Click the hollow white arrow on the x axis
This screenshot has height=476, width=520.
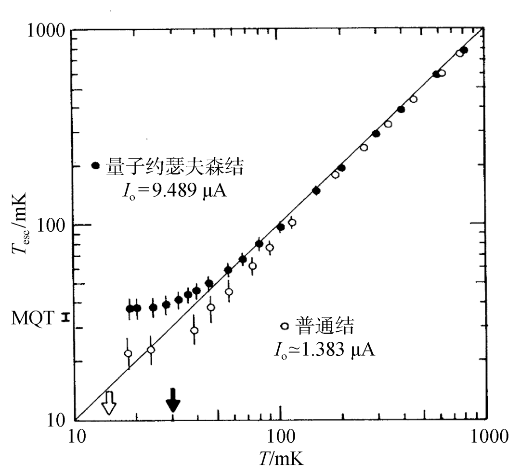tap(109, 402)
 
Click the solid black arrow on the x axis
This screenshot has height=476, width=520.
tap(173, 400)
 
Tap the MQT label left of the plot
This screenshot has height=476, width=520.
tap(33, 318)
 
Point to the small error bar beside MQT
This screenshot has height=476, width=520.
tap(66, 317)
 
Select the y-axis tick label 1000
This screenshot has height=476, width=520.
tap(46, 31)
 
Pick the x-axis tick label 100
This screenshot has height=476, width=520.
tap(281, 436)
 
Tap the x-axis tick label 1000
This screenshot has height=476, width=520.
tap(489, 436)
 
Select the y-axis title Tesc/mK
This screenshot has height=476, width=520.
tap(20, 222)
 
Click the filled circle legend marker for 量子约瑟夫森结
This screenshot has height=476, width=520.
tap(95, 166)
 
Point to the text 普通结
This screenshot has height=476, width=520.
tap(325, 326)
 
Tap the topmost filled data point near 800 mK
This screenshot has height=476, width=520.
tap(464, 50)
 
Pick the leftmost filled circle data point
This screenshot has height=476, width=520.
tap(130, 309)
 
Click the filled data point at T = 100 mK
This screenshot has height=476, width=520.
tap(281, 227)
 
